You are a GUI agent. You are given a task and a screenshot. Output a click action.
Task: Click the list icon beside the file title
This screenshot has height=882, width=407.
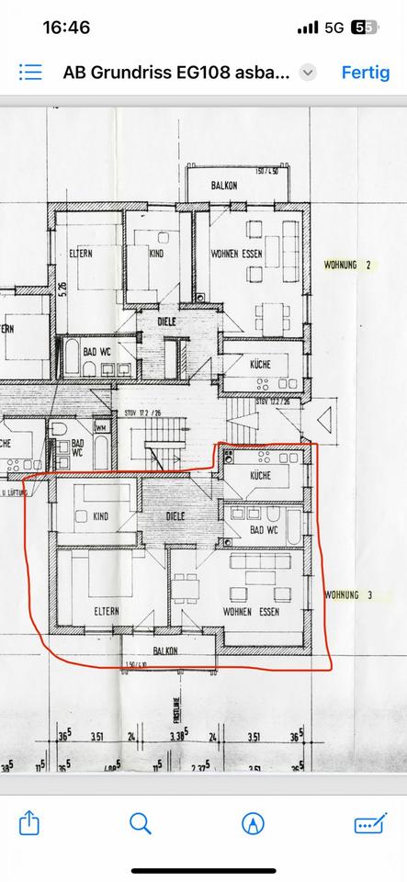[30, 73]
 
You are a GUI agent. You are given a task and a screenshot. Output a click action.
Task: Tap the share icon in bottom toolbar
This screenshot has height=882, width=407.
[29, 822]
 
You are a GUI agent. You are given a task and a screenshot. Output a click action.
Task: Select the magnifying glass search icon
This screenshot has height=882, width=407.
[141, 822]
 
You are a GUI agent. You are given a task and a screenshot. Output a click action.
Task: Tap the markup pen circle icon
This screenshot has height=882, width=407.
[253, 822]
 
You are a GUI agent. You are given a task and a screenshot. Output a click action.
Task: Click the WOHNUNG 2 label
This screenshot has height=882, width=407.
[347, 265]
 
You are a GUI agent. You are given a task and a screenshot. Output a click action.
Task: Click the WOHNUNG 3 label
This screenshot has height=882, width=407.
[347, 595]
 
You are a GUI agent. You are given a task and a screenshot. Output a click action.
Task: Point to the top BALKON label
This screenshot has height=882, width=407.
[224, 186]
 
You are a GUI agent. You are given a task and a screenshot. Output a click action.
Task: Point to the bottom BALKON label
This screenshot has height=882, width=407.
[166, 650]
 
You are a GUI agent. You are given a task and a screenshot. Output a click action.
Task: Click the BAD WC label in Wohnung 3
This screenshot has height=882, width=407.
[263, 530]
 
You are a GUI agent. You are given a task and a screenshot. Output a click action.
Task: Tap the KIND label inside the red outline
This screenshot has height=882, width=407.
[100, 516]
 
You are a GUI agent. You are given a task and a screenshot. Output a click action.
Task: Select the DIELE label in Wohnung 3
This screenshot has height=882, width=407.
[175, 516]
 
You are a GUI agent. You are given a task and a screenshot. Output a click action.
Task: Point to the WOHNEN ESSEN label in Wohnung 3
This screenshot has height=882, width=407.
[251, 611]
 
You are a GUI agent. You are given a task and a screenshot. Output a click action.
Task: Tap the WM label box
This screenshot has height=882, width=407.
[101, 426]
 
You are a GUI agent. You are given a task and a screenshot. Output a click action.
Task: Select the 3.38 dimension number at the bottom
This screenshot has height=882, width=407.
[180, 736]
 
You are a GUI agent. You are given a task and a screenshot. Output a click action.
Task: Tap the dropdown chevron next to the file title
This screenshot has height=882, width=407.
[309, 73]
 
